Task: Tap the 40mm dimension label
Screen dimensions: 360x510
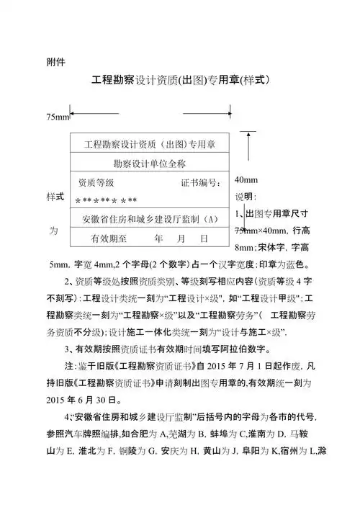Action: coord(246,179)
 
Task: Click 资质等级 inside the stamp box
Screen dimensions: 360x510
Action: coord(96,183)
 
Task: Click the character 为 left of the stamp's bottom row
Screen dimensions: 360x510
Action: coord(53,231)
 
